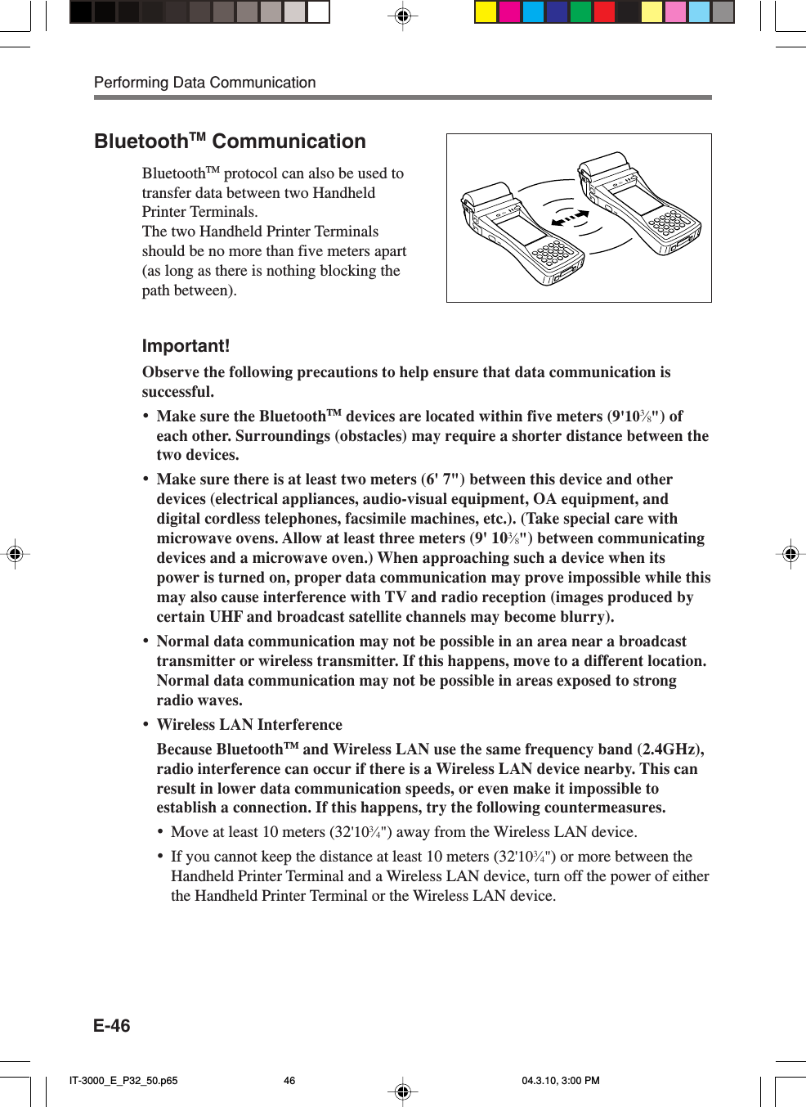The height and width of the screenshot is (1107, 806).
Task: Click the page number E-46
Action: pyautogui.click(x=112, y=1025)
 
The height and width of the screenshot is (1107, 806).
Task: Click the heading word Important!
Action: pyautogui.click(x=186, y=346)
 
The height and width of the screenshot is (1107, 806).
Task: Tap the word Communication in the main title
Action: pyautogui.click(x=289, y=142)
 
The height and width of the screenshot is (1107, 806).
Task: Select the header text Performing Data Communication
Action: pyautogui.click(x=204, y=83)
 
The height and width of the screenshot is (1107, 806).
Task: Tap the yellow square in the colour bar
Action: pyautogui.click(x=486, y=11)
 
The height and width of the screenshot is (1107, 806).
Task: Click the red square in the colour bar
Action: pyautogui.click(x=604, y=11)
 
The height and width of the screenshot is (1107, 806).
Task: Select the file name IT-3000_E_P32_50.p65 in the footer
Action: pyautogui.click(x=123, y=1080)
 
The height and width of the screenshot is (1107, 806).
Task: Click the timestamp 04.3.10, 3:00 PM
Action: pyautogui.click(x=561, y=1080)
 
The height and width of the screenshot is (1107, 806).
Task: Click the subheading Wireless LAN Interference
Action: pyautogui.click(x=249, y=725)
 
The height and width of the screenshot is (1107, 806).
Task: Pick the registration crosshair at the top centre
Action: pyautogui.click(x=402, y=16)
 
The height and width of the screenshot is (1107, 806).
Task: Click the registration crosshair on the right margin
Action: pyautogui.click(x=790, y=554)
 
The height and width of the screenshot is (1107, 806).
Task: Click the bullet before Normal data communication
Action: pyautogui.click(x=146, y=641)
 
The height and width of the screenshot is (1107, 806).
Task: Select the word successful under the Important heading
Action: pyautogui.click(x=176, y=392)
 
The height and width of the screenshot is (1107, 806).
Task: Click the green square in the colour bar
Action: pyautogui.click(x=580, y=11)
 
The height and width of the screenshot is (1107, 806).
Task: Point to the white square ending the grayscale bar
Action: pyautogui.click(x=319, y=11)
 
